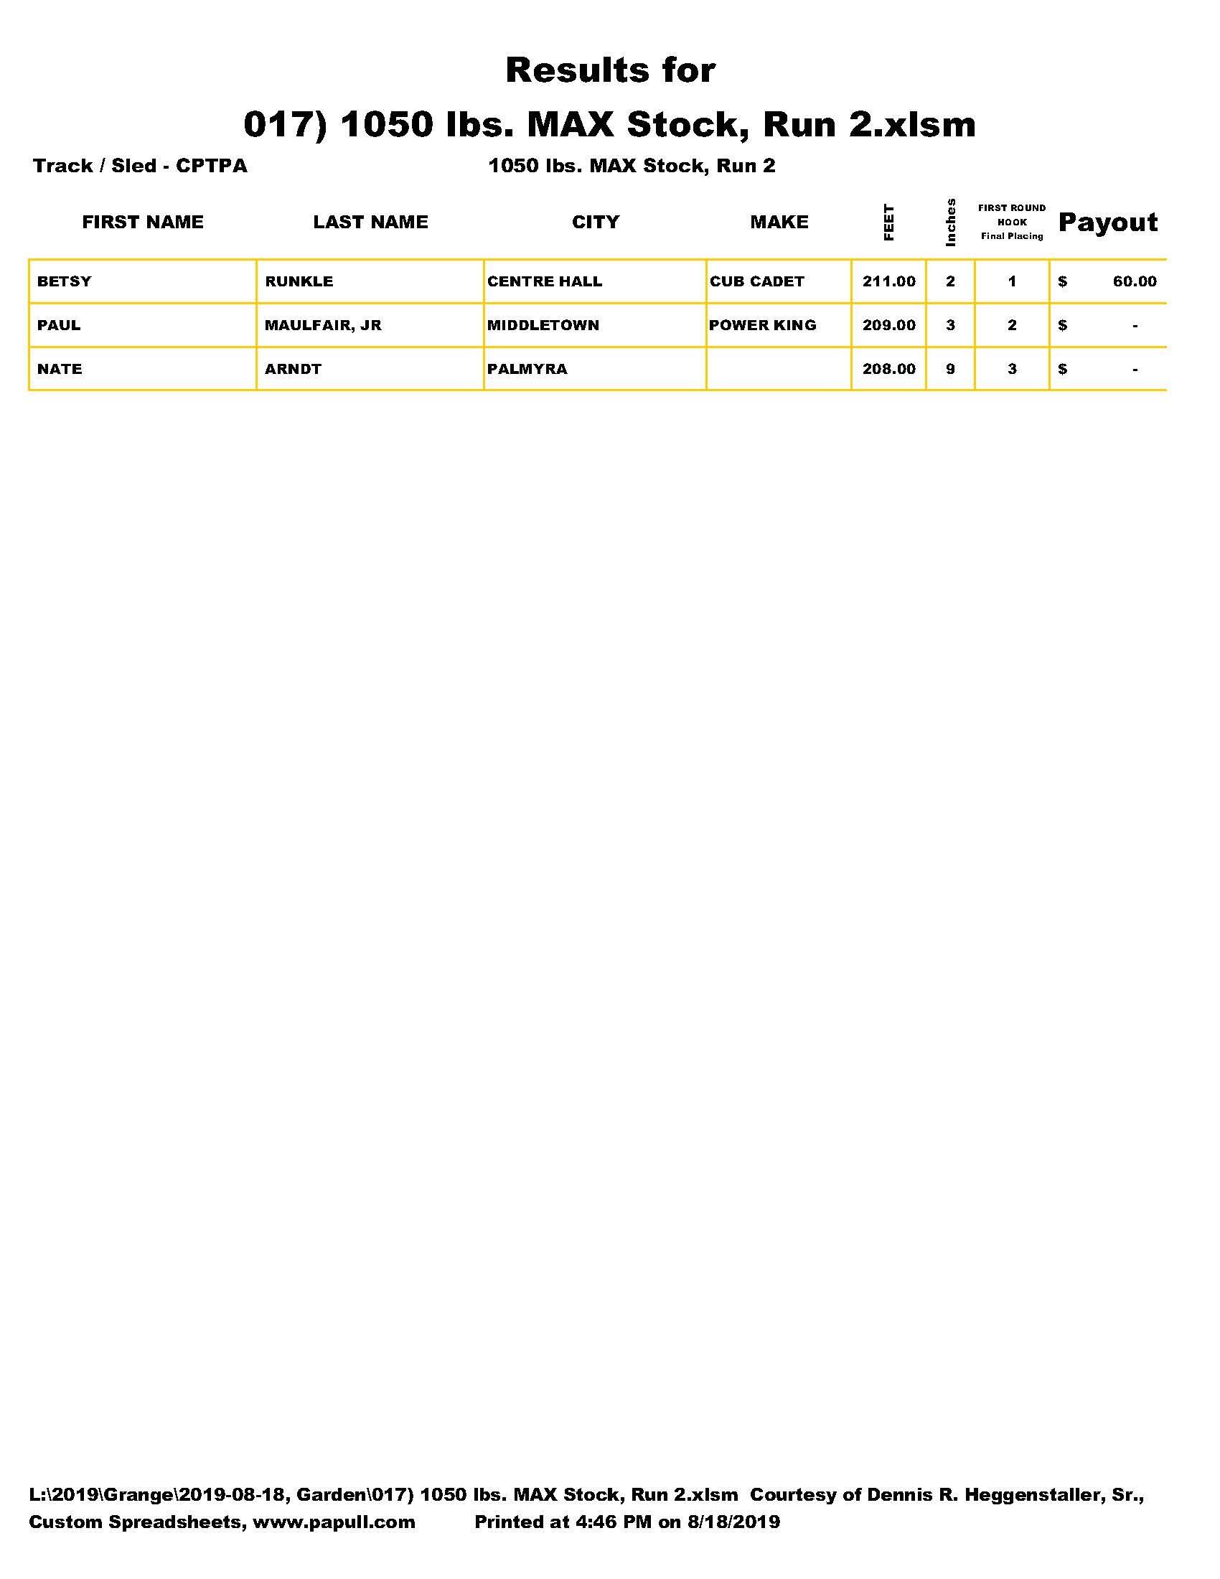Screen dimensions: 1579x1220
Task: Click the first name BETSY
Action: pyautogui.click(x=65, y=281)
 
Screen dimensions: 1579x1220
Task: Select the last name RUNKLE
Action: pyautogui.click(x=299, y=281)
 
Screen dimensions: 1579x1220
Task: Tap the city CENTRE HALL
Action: pyautogui.click(x=544, y=281)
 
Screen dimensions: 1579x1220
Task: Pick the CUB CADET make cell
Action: pyautogui.click(x=756, y=281)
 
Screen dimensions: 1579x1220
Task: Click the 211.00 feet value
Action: pyautogui.click(x=888, y=281)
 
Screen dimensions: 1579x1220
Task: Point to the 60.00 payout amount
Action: pyautogui.click(x=1134, y=281)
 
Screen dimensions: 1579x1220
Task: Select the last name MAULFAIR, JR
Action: pyautogui.click(x=322, y=325)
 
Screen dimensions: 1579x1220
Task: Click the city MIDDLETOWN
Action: pyautogui.click(x=543, y=325)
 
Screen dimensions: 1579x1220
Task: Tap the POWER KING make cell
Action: pyautogui.click(x=761, y=325)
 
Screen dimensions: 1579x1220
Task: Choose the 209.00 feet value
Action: pyautogui.click(x=888, y=325)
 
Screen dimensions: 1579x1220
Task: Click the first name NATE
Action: pyautogui.click(x=60, y=369)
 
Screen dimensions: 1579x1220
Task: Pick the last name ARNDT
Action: pyautogui.click(x=293, y=369)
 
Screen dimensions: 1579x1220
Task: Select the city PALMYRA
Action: pyautogui.click(x=527, y=369)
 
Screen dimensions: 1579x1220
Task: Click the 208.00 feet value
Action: pyautogui.click(x=888, y=369)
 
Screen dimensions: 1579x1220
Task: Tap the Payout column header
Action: pyautogui.click(x=1107, y=222)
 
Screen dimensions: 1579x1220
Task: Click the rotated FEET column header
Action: pyautogui.click(x=888, y=222)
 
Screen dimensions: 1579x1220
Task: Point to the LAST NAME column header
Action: pyautogui.click(x=370, y=222)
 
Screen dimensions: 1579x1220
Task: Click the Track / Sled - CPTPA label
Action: pyautogui.click(x=139, y=166)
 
